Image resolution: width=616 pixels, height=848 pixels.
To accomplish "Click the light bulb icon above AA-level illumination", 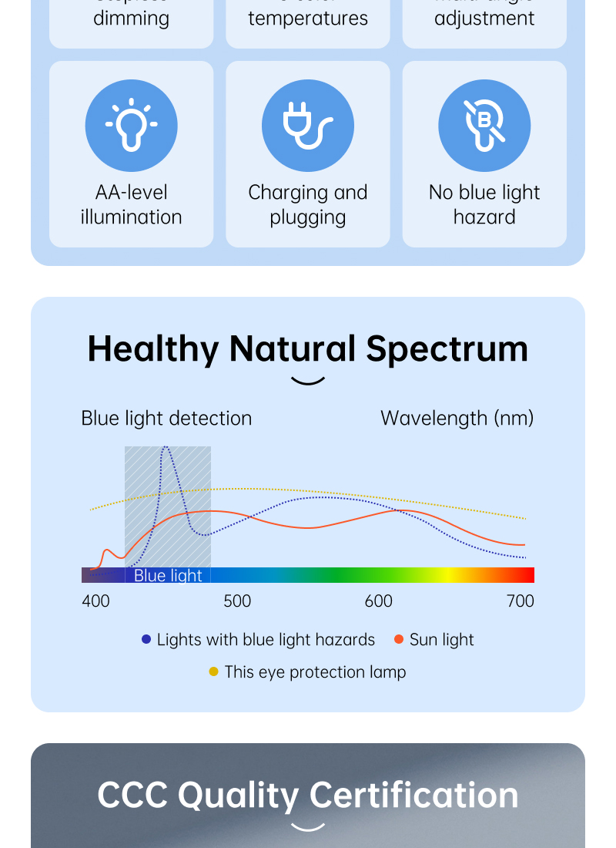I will [131, 126].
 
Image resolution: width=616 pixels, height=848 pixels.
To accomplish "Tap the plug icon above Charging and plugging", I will [307, 126].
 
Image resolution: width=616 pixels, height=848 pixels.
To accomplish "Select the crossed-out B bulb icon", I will [484, 126].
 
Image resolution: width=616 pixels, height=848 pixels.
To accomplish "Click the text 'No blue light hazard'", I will [484, 204].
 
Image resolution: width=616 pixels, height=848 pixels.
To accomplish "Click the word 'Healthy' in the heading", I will [153, 348].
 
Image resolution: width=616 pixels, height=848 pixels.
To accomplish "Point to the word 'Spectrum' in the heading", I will [447, 348].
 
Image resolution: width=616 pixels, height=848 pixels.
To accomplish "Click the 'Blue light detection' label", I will [166, 418].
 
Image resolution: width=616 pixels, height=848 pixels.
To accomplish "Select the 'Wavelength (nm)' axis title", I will [457, 418].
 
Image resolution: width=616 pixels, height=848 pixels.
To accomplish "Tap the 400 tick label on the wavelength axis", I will [95, 601].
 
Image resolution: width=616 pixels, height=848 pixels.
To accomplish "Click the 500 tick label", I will [237, 601].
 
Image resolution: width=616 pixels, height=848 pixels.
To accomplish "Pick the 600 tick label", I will [378, 601].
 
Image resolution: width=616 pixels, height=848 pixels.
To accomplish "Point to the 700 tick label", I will [521, 601].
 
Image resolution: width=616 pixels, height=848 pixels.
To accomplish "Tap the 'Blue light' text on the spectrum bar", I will [168, 575].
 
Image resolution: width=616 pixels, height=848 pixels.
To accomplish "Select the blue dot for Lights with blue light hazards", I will [146, 639].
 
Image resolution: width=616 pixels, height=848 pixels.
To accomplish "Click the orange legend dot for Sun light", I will [399, 639].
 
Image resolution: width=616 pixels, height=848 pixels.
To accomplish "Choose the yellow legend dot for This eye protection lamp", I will [214, 671].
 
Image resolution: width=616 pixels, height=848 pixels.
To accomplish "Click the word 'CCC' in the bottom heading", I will [132, 795].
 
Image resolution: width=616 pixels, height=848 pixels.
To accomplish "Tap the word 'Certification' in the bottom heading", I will [414, 795].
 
